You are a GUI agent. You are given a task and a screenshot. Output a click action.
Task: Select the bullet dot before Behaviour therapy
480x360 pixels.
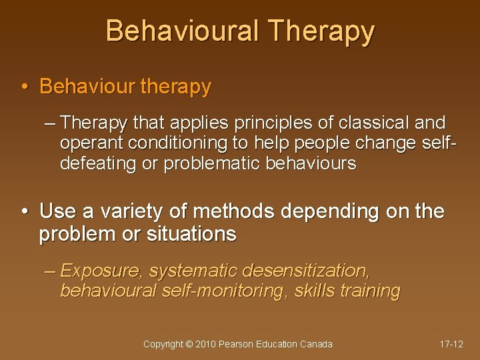[24, 87]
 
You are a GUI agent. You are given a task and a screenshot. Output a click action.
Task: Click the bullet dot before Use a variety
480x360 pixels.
[24, 212]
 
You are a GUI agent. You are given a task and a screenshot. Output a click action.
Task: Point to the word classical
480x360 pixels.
[375, 123]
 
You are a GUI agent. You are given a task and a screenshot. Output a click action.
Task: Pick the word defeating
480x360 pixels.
[97, 163]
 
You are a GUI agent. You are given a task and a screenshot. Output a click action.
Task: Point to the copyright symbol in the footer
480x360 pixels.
[189, 345]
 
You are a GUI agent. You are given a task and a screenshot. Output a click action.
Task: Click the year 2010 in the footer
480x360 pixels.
[206, 345]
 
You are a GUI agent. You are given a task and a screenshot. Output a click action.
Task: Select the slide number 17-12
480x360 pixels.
[451, 345]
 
